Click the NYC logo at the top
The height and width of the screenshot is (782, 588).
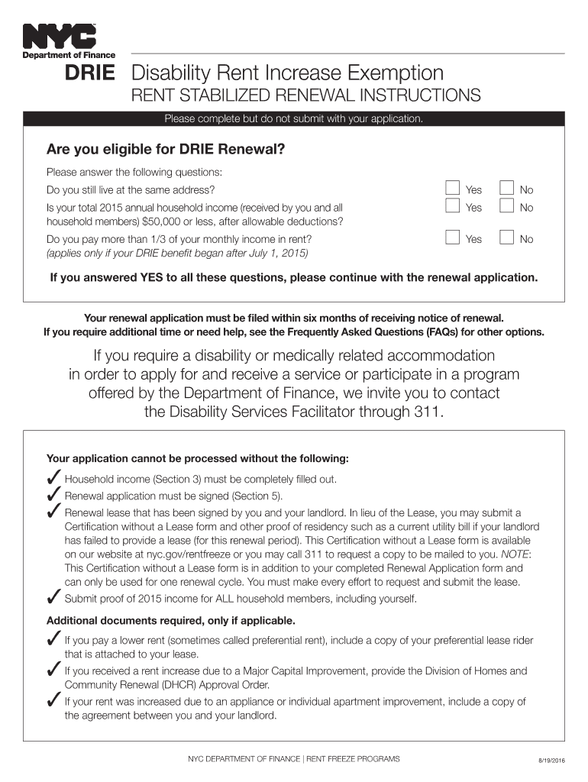coord(59,36)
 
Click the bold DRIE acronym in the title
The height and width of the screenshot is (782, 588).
coord(90,73)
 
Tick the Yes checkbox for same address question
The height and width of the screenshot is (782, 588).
coord(453,189)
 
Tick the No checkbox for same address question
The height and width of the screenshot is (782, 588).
coord(506,189)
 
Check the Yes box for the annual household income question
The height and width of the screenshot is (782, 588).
coord(453,206)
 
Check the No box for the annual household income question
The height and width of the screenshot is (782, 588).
coord(506,206)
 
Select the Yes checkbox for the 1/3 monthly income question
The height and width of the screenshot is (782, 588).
coord(453,238)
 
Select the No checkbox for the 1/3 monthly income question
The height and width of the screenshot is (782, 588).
coord(506,238)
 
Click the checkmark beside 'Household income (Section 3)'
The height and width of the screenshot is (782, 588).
coord(54,479)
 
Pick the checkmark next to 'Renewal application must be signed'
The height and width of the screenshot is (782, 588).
coord(54,495)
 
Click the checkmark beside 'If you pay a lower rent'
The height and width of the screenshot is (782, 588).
coord(54,638)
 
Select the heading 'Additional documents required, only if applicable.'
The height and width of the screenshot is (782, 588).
coord(170,620)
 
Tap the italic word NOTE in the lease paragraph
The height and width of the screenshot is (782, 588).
coord(515,554)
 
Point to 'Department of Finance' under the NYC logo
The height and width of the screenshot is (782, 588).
coord(69,55)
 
